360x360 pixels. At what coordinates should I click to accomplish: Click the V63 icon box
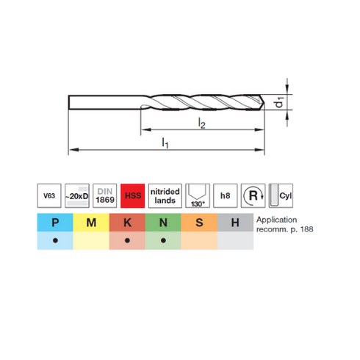pos(49,195)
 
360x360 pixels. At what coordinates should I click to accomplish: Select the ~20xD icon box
pos(77,195)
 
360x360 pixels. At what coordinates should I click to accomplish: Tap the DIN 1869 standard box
pos(105,195)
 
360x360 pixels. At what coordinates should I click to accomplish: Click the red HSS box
pos(132,195)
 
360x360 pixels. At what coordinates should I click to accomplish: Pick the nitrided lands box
pos(165,195)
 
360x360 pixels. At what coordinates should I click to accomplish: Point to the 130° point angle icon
pos(198,195)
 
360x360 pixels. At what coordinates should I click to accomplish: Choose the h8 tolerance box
pos(226,195)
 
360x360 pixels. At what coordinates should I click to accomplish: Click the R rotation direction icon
pos(253,195)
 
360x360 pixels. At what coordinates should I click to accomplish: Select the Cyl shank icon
pos(281,195)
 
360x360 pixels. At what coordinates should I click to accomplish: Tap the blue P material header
pos(55,223)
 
